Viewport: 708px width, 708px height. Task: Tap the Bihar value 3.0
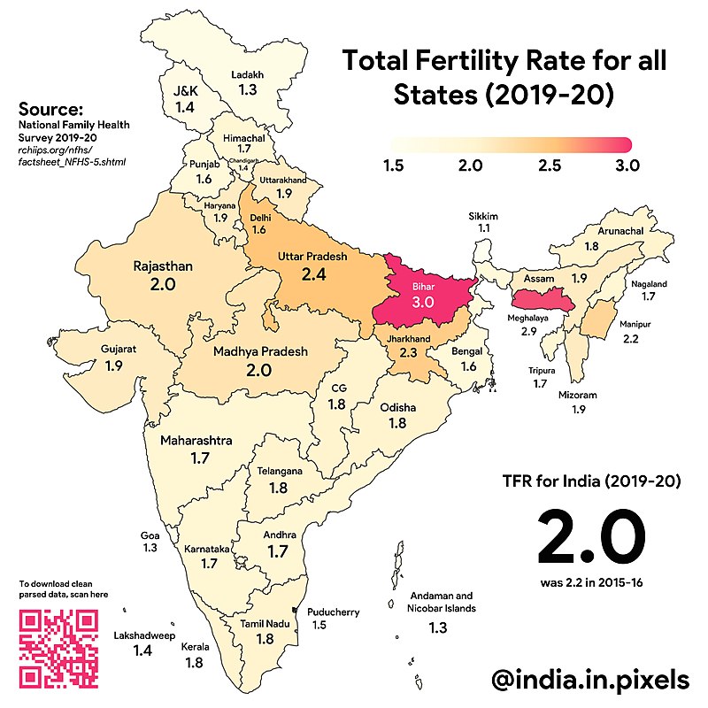[424, 303]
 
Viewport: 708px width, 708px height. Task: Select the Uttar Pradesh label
[312, 256]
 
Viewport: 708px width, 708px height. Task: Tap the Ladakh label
[248, 75]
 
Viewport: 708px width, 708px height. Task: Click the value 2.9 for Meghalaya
[528, 331]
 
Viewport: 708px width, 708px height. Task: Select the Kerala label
[195, 647]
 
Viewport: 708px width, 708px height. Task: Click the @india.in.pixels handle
[590, 679]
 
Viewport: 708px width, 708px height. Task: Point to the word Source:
[50, 110]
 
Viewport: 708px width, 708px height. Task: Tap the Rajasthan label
[163, 265]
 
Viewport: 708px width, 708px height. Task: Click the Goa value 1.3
[150, 549]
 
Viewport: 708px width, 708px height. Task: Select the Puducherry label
[333, 612]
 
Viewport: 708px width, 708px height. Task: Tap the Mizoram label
[577, 395]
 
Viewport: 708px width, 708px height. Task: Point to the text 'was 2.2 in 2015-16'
[591, 583]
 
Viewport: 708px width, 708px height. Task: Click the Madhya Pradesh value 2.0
[258, 370]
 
